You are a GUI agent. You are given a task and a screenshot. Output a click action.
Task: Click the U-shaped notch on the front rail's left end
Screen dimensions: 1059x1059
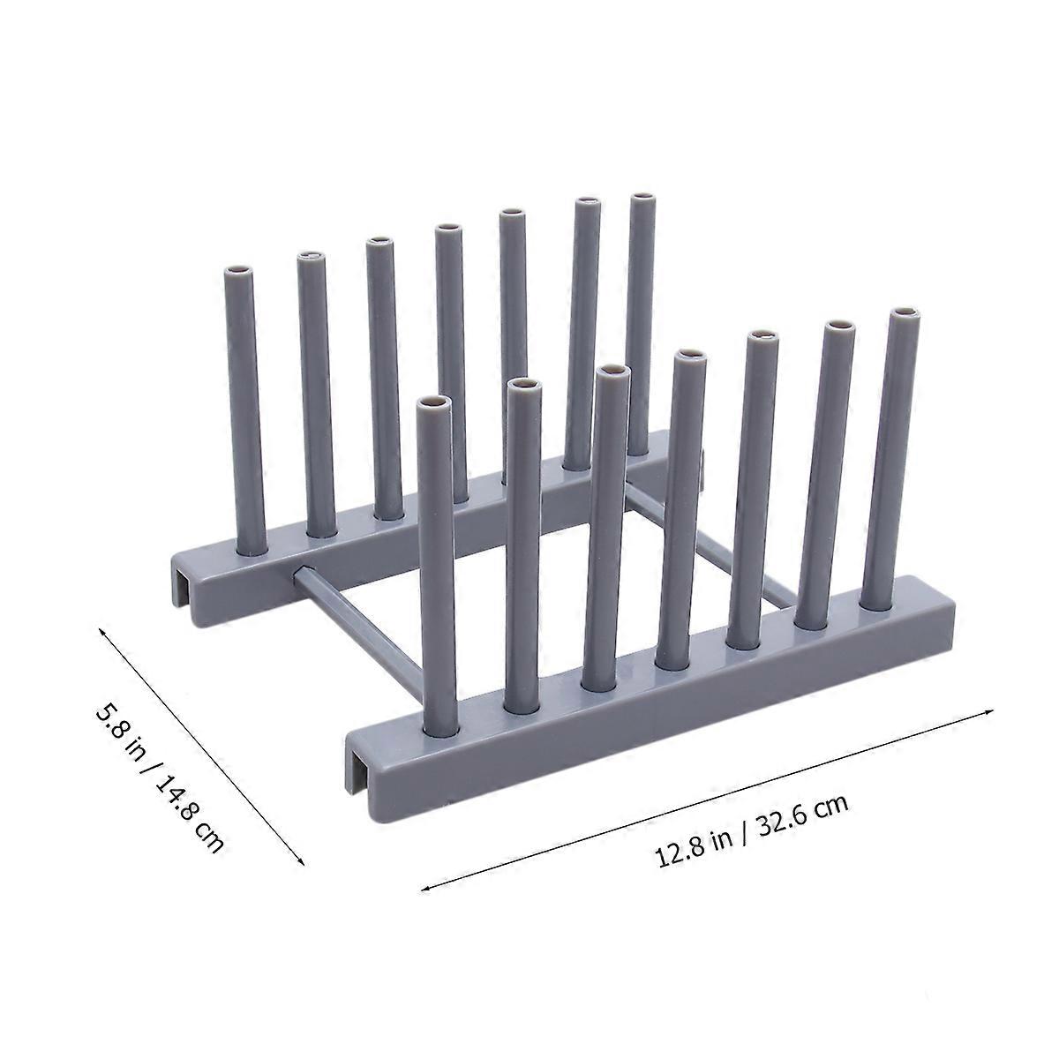pyautogui.click(x=357, y=756)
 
